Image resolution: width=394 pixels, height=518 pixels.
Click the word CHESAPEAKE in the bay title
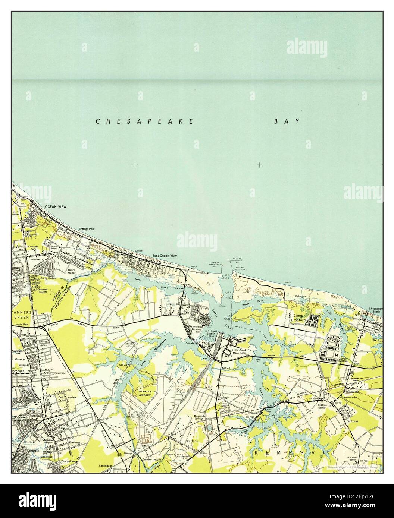tap(145, 121)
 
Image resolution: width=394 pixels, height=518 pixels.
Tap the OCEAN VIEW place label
tap(55, 206)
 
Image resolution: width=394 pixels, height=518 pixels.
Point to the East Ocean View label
tap(164, 256)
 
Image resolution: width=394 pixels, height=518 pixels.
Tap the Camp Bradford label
tap(299, 318)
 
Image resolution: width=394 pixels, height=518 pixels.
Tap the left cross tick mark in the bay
tap(135, 164)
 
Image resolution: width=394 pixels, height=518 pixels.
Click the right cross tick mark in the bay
tap(259, 164)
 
